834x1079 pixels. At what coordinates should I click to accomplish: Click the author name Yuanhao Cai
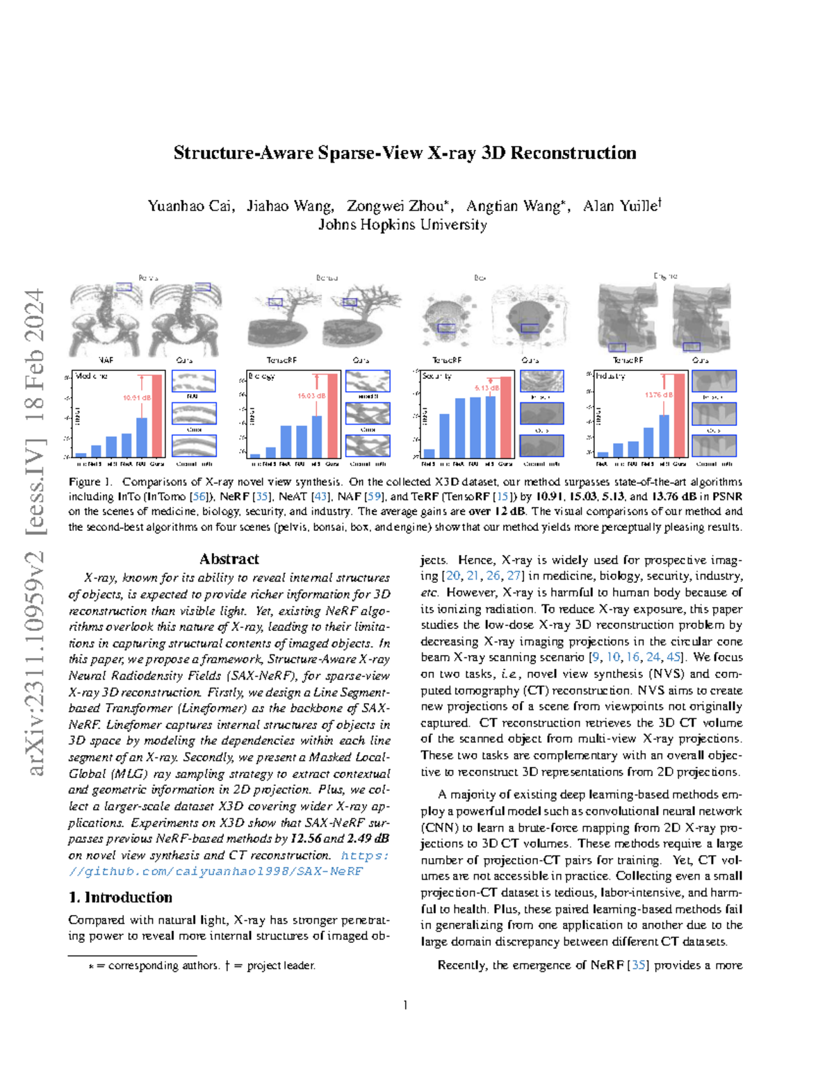pos(190,206)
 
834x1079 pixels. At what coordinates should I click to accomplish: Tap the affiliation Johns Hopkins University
pos(402,225)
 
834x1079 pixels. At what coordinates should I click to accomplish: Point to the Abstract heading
pos(229,559)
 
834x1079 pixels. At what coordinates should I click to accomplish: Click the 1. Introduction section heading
pos(120,898)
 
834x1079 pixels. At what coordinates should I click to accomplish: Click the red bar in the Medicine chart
pos(156,415)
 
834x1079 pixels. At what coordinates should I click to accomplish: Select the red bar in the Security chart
pos(505,416)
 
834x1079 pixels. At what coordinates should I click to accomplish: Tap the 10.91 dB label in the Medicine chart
pos(136,398)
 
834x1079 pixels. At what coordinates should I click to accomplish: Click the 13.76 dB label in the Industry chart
pos(658,395)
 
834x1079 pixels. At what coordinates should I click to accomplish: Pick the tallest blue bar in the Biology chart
pos(317,436)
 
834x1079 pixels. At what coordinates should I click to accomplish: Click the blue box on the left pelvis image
pos(124,286)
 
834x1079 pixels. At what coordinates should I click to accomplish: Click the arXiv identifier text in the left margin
pos(35,532)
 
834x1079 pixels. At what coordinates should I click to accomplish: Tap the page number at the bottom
pos(405,1005)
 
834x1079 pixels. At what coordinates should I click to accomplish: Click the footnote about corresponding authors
pos(202,966)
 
